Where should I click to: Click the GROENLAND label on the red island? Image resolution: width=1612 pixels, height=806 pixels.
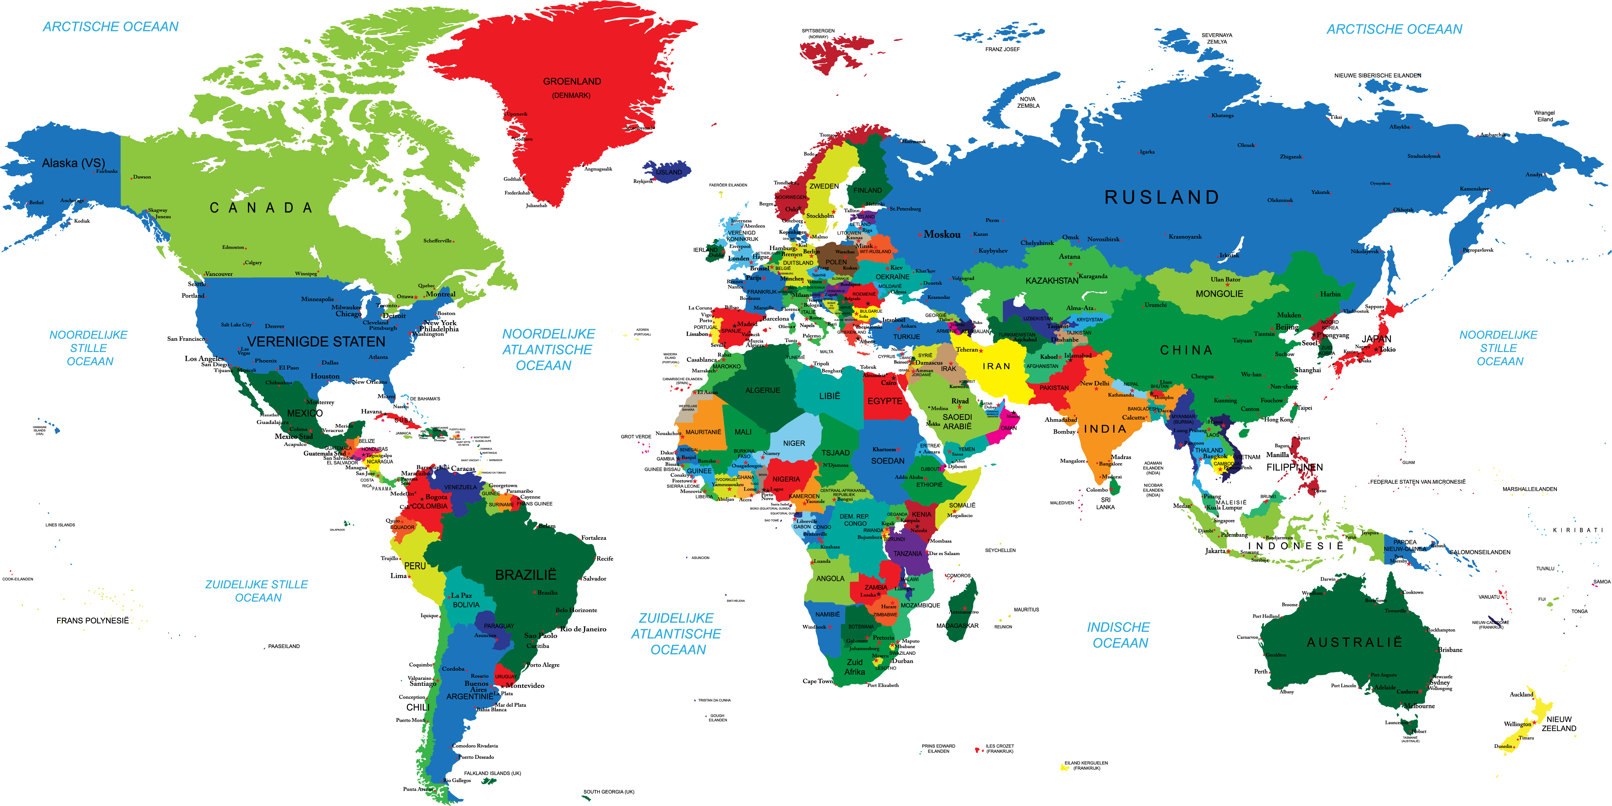[x=572, y=81]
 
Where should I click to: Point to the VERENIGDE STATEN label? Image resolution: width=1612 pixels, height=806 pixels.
[x=316, y=342]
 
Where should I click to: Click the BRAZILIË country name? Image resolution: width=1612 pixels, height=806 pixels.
[x=526, y=574]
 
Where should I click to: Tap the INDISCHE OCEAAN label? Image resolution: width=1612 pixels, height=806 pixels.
[x=1119, y=635]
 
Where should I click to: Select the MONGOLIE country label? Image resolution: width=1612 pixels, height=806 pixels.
[x=1219, y=294]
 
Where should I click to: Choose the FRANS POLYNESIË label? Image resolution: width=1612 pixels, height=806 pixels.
[x=93, y=621]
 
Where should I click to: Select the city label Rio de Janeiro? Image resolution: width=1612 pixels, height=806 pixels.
[x=583, y=629]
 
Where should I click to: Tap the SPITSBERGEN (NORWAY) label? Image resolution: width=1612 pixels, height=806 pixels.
[x=818, y=33]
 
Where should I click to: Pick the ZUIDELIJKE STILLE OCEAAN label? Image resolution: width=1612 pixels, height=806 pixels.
[x=257, y=591]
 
